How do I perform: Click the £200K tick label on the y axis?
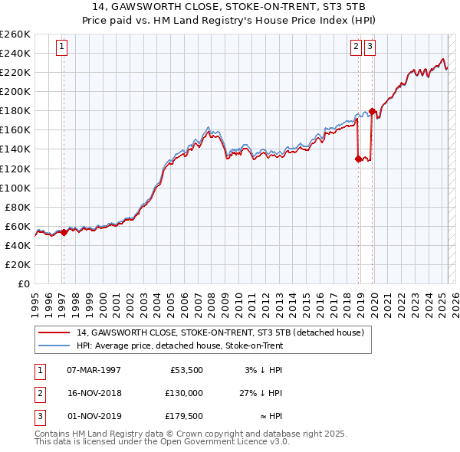click(15, 91)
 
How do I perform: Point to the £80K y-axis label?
click(18, 207)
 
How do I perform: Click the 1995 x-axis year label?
click(35, 298)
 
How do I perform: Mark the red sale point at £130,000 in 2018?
click(358, 159)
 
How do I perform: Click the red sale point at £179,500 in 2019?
click(372, 111)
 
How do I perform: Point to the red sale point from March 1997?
click(64, 232)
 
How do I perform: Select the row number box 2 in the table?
click(39, 392)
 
